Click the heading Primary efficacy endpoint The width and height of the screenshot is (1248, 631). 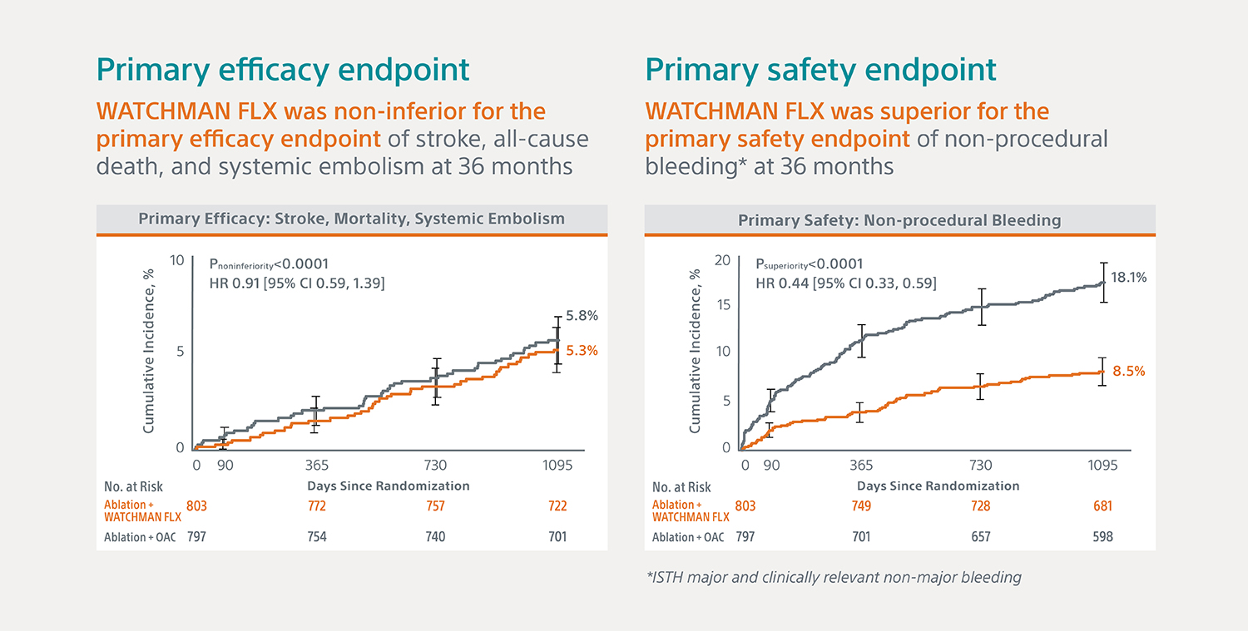click(x=283, y=70)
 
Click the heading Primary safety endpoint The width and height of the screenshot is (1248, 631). click(x=820, y=70)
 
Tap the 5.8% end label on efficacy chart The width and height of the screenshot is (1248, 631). click(x=582, y=316)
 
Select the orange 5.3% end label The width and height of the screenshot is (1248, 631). click(x=582, y=351)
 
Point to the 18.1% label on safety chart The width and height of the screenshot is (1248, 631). click(x=1129, y=278)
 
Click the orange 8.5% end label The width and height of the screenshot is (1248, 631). click(x=1129, y=371)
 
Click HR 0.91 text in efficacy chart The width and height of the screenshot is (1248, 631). click(x=296, y=283)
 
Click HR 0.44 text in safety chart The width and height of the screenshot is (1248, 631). click(x=845, y=283)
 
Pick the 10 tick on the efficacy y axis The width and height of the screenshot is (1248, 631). click(x=176, y=260)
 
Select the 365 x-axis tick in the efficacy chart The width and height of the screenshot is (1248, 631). click(x=317, y=466)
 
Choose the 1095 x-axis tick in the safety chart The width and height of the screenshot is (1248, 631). click(x=1102, y=466)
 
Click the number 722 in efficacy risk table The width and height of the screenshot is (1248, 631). click(x=557, y=505)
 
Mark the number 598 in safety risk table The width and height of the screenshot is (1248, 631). click(x=1102, y=537)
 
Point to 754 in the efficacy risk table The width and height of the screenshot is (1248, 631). click(x=317, y=537)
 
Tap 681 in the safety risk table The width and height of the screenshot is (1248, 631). click(x=1102, y=505)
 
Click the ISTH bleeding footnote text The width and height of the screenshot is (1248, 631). click(x=834, y=577)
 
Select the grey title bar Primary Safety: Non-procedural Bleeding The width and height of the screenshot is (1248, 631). click(x=899, y=220)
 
